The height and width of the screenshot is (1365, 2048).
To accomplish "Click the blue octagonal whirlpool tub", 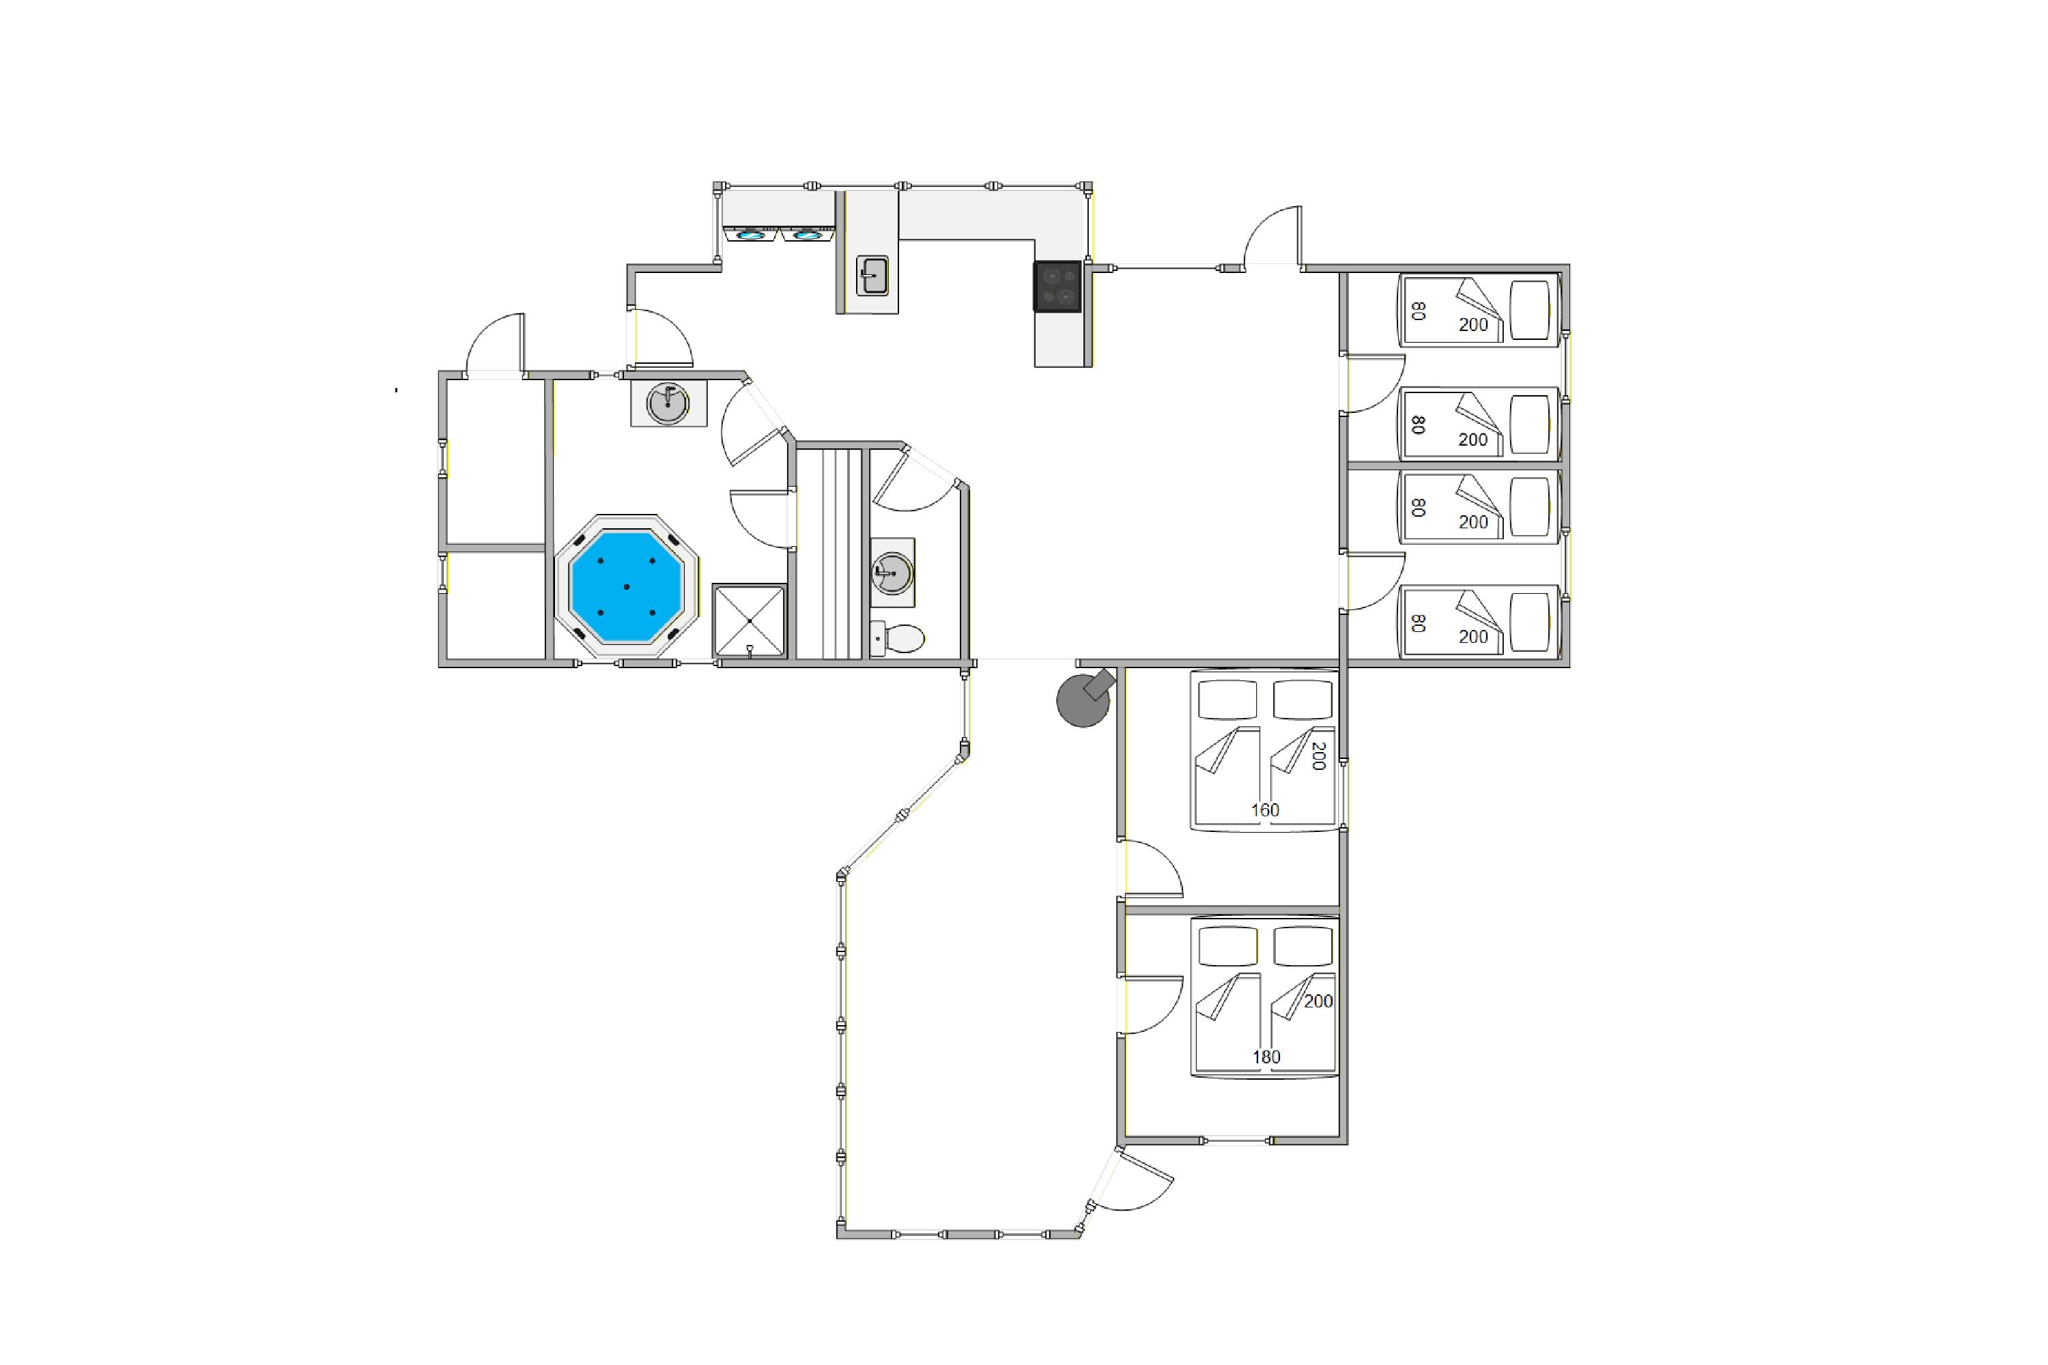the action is click(x=626, y=586).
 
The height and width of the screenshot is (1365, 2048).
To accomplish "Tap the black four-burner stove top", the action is click(x=1057, y=287).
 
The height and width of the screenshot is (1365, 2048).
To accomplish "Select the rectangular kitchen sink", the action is click(x=872, y=275).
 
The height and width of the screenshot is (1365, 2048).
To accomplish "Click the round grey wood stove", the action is click(x=1084, y=699).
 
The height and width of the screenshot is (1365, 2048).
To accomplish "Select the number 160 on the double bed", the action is click(x=1264, y=811).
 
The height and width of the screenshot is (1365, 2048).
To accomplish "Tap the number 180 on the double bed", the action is click(x=1266, y=1057).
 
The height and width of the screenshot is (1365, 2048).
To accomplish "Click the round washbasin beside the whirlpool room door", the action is click(x=668, y=403).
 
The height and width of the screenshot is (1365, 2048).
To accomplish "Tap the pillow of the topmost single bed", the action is click(x=1530, y=309).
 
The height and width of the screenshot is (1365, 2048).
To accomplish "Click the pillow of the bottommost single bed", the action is click(x=1530, y=622).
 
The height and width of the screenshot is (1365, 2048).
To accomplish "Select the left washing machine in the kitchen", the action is click(x=750, y=233).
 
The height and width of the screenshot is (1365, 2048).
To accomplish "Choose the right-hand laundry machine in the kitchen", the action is click(x=807, y=233).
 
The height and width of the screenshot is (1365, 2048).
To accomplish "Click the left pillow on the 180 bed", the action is click(x=1227, y=946).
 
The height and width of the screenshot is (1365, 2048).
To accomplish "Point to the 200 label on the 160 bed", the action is click(x=1318, y=756).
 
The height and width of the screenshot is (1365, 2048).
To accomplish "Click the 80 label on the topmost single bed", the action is click(x=1418, y=311).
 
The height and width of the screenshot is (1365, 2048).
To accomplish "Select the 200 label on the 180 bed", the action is click(x=1318, y=1001).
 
